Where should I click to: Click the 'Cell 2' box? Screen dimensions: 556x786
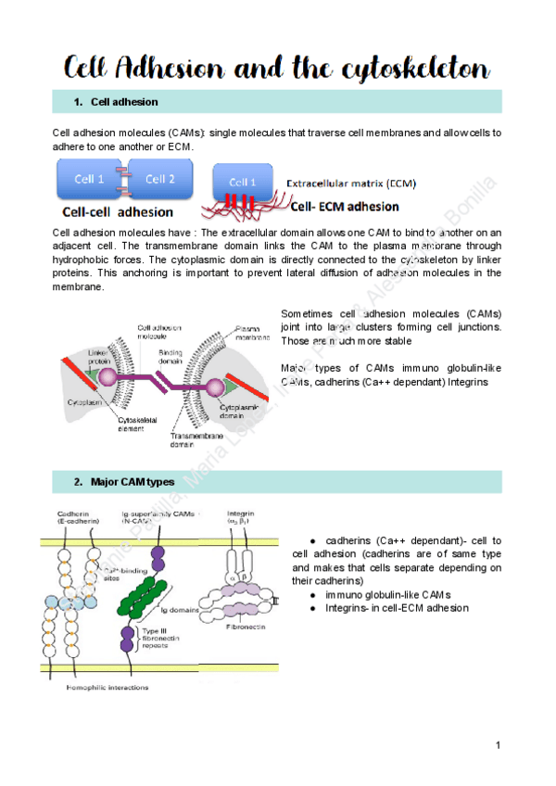[x=160, y=179]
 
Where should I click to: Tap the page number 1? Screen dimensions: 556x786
[x=498, y=744]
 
